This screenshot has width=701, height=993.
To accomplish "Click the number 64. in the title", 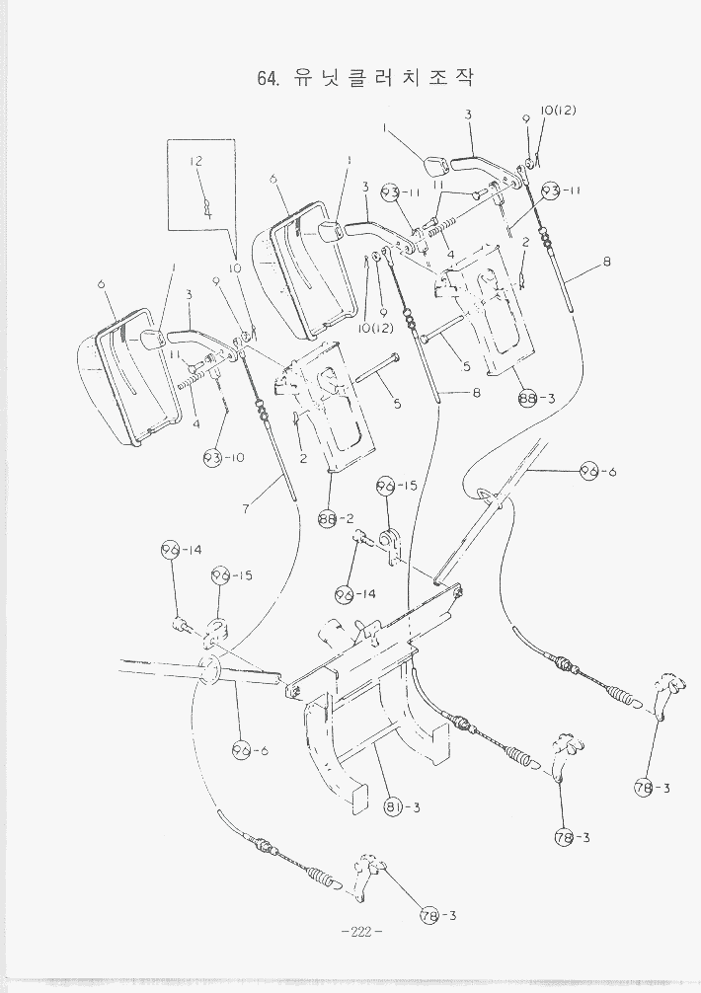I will [x=268, y=79].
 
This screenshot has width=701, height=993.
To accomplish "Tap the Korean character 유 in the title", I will [x=302, y=79].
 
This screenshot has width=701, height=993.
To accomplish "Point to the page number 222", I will [x=360, y=932].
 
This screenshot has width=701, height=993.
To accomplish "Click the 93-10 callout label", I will [x=223, y=458].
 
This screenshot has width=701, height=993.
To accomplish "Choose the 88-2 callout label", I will [x=337, y=517].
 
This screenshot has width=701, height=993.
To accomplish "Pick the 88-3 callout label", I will [x=537, y=398].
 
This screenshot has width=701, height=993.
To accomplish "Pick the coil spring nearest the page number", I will [x=322, y=877].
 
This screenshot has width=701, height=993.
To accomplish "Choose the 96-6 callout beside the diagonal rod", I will [x=597, y=472].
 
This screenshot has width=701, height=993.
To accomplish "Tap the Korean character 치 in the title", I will [x=401, y=79].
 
